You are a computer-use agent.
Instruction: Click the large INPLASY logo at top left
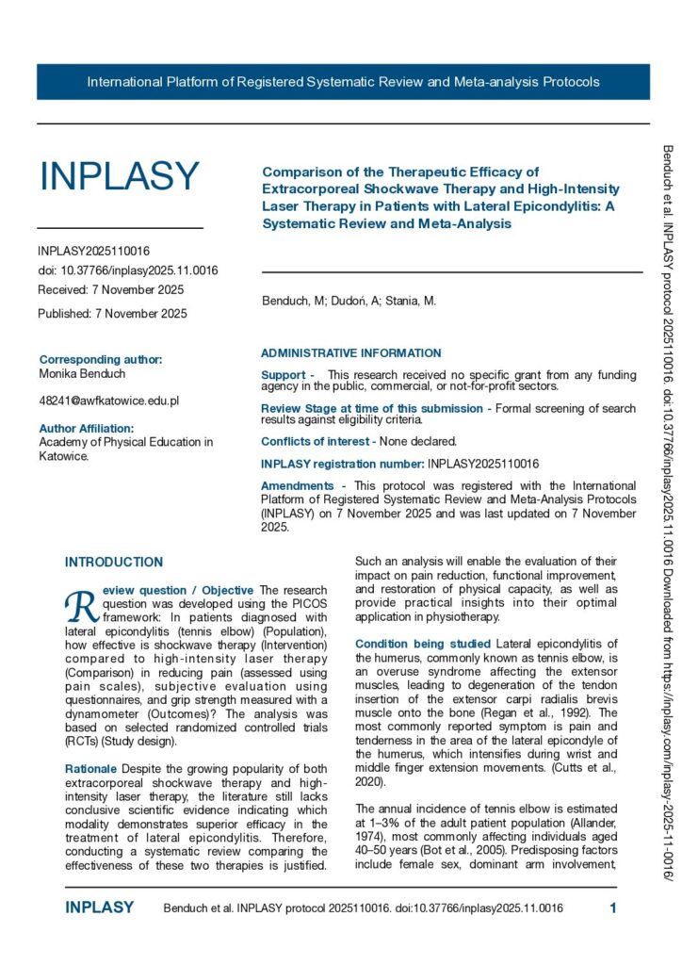click(x=119, y=176)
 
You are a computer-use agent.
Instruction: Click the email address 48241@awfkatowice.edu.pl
click(x=108, y=401)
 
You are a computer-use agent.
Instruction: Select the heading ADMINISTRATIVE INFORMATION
click(x=350, y=353)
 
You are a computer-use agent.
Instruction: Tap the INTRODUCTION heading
click(x=113, y=563)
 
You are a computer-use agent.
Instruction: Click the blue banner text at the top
click(x=343, y=82)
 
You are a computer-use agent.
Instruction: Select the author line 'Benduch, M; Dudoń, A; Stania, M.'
click(x=349, y=301)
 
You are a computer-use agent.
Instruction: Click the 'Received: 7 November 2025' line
click(x=110, y=290)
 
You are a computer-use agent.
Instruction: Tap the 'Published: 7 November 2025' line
click(x=112, y=313)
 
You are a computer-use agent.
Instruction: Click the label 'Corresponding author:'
click(x=101, y=359)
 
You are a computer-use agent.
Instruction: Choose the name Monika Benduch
click(x=83, y=373)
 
